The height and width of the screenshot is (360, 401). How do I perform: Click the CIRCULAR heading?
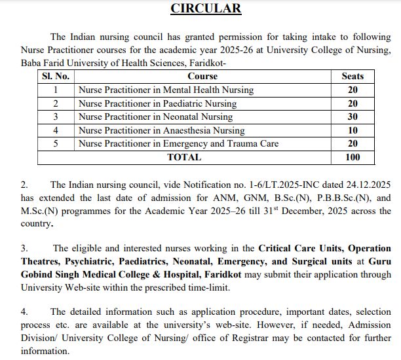point(206,9)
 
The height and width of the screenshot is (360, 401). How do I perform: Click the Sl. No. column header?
point(56,77)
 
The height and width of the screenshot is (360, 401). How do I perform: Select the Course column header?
point(202,77)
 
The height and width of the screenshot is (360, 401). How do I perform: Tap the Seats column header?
point(353,77)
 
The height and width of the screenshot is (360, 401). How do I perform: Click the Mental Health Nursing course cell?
point(166,90)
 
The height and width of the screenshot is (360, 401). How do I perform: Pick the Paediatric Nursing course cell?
point(157,103)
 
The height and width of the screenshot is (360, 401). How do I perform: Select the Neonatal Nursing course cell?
point(155,117)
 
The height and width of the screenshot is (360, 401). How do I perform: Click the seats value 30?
point(353,117)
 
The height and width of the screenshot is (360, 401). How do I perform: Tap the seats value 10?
point(353,130)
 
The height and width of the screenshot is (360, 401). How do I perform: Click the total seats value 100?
point(353,157)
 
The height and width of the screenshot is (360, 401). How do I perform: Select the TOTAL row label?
point(184,157)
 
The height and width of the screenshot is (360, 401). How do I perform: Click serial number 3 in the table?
point(56,117)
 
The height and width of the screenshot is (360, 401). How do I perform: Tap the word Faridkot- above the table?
point(207,63)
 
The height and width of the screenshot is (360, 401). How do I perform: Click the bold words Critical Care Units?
point(300,249)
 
